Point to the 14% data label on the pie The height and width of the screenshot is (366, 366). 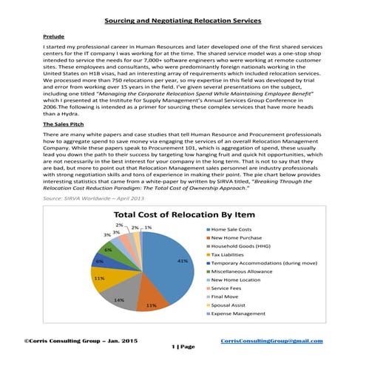click(x=119, y=299)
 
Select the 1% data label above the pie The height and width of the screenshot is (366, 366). click(x=149, y=228)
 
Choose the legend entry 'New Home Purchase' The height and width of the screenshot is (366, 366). click(x=238, y=240)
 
